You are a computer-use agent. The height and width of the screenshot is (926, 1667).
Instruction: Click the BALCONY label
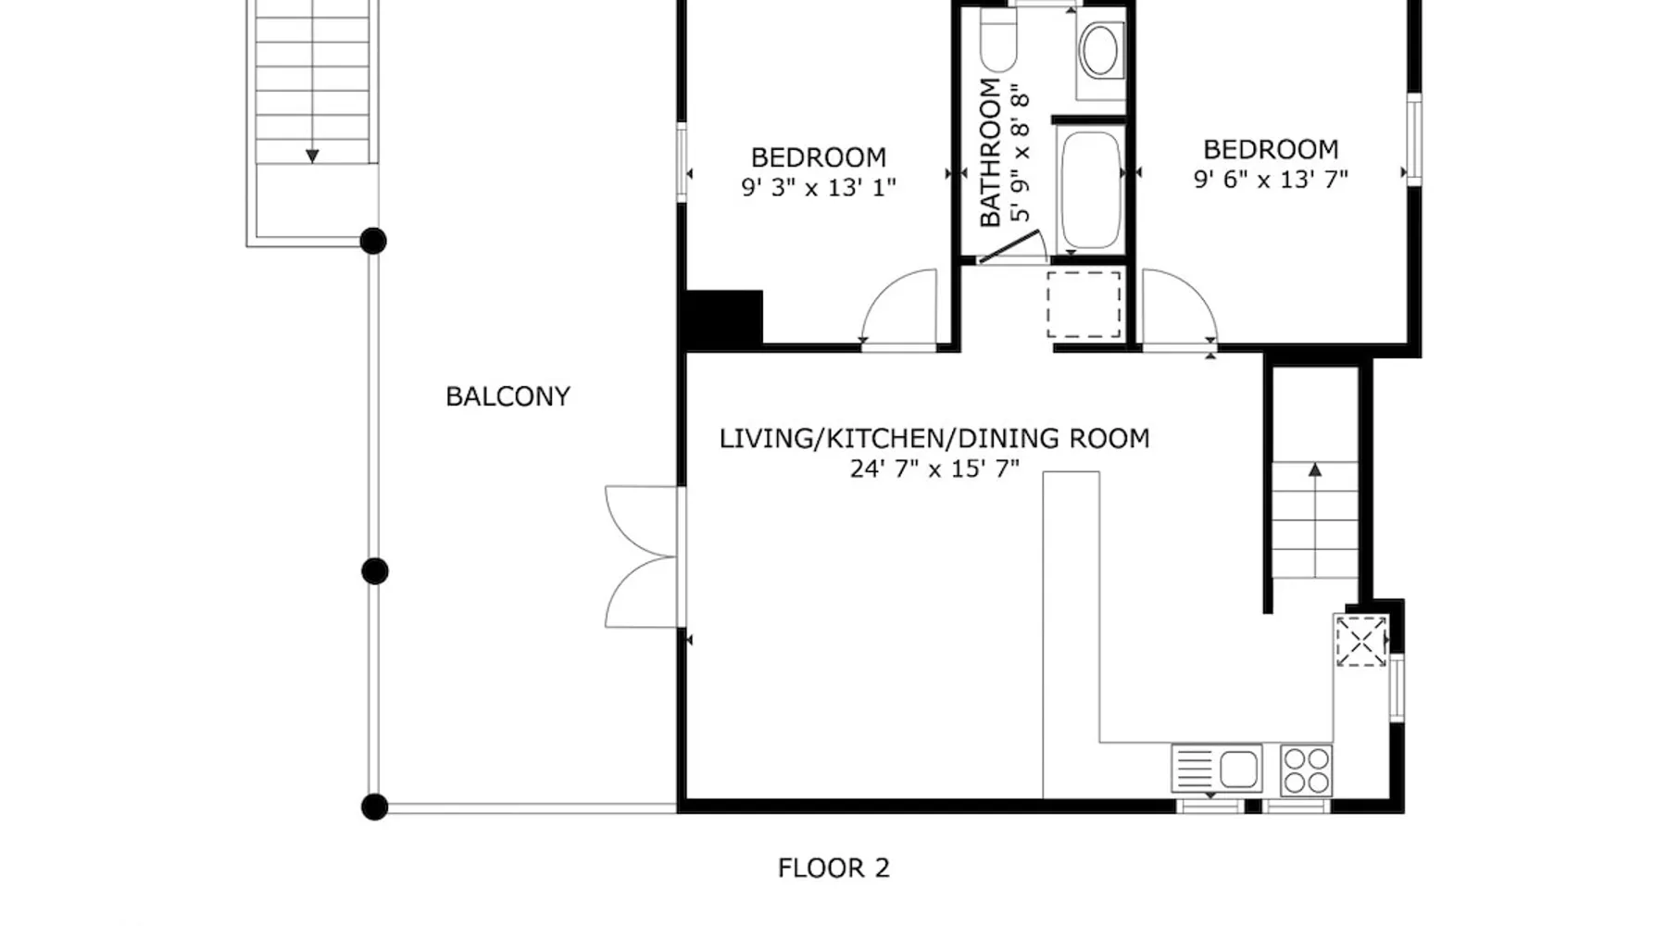pos(508,396)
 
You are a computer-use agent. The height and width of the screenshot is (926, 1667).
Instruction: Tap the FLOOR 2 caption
pos(833,869)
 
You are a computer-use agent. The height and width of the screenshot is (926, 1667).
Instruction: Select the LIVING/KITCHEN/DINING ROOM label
pos(934,438)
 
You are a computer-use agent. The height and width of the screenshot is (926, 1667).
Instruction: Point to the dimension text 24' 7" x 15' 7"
pos(934,469)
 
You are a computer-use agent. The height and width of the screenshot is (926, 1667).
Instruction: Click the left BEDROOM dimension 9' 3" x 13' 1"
pos(819,188)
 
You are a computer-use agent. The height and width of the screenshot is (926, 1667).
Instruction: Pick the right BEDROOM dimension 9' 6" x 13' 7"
pos(1271,180)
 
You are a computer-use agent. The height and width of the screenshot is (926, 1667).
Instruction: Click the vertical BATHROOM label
pos(990,153)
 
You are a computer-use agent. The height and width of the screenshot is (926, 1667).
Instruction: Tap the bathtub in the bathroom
pos(1090,190)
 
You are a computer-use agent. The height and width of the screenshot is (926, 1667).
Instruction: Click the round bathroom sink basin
pos(1099,51)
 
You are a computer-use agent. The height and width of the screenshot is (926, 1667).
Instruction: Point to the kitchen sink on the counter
pos(1216,769)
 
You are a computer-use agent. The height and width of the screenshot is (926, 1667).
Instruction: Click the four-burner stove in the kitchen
pos(1307,770)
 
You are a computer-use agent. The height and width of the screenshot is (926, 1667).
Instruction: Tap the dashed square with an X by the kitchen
pos(1360,641)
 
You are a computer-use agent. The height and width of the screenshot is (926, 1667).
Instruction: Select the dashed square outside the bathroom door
pos(1084,304)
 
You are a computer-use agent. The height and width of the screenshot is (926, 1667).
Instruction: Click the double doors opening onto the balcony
pos(643,557)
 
